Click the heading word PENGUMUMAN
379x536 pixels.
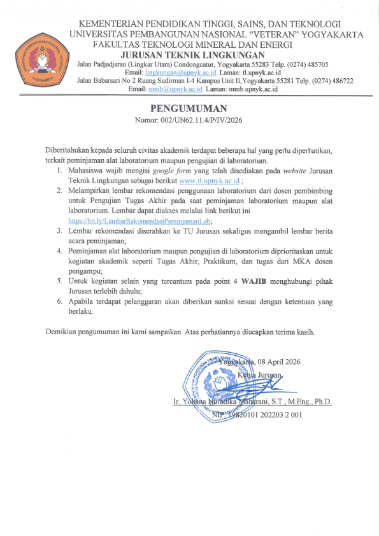click(189, 108)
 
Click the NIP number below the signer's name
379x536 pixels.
click(261, 414)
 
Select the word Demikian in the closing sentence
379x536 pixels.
click(63, 332)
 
